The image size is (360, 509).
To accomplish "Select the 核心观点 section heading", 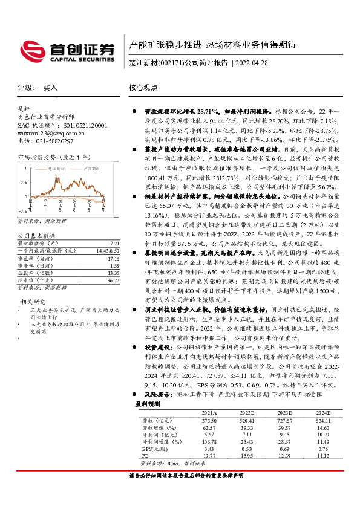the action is tap(143, 88).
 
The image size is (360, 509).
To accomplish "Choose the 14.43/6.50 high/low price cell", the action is tap(103, 233).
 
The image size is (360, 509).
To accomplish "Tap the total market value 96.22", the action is tap(106, 264).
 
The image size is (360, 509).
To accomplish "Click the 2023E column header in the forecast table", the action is tap(284, 411).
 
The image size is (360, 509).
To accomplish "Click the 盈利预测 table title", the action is tap(147, 403).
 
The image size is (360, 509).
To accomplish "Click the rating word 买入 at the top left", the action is tap(51, 88).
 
